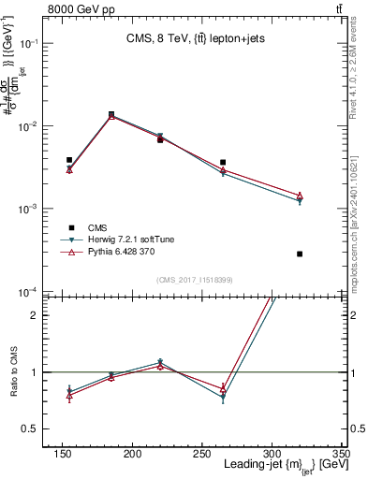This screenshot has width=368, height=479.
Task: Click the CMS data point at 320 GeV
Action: pyautogui.click(x=300, y=254)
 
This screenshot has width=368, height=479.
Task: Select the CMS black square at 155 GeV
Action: pyautogui.click(x=69, y=160)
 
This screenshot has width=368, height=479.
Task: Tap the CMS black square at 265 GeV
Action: pyautogui.click(x=223, y=162)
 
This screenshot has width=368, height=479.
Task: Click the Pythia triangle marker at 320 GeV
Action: pyautogui.click(x=300, y=196)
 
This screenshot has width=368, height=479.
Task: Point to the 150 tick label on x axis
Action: pyautogui.click(x=63, y=453)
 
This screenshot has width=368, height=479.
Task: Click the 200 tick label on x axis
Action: pyautogui.click(x=133, y=453)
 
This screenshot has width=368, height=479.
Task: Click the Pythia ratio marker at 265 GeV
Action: pyautogui.click(x=223, y=387)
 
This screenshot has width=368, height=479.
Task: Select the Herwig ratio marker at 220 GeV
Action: pyautogui.click(x=160, y=362)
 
